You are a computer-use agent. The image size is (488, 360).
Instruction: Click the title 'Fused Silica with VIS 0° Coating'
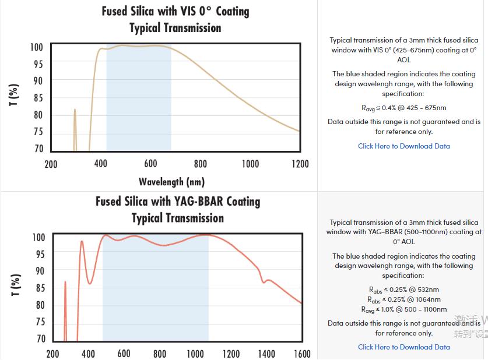175,12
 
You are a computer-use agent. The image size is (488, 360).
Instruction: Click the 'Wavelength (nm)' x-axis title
171,182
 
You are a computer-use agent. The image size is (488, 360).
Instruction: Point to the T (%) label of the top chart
15,95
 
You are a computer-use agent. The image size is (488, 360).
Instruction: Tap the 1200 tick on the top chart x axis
300,164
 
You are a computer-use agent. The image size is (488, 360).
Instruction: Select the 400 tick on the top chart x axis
101,164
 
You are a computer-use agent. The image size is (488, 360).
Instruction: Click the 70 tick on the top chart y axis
38,149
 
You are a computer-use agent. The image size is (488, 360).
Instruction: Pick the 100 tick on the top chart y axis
37,47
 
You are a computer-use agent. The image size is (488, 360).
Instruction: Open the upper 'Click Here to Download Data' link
403,146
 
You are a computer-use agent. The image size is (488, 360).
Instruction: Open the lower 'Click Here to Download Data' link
403,347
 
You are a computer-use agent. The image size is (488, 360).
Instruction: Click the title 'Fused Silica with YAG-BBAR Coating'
178,202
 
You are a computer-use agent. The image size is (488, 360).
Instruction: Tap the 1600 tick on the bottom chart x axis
301,354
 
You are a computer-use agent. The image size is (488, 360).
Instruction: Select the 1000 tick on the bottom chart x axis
196,354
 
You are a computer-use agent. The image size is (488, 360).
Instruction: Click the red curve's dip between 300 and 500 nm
90,283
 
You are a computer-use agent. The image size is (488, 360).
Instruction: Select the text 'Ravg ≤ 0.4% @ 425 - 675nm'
403,108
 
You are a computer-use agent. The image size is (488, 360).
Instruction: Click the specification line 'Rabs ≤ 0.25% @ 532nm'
403,290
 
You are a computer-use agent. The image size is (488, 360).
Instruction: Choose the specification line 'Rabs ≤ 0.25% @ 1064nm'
403,299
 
